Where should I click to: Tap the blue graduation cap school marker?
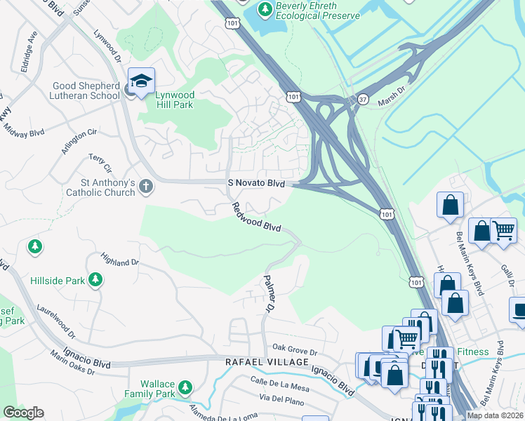pyautogui.click(x=141, y=82)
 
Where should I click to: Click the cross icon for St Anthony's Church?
pyautogui.click(x=145, y=186)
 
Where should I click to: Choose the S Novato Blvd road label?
pyautogui.click(x=257, y=182)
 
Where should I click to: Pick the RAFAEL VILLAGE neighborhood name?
pyautogui.click(x=266, y=361)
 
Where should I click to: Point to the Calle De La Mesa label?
pyautogui.click(x=279, y=383)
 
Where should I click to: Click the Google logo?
pyautogui.click(x=23, y=413)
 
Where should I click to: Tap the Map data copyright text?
pyautogui.click(x=494, y=415)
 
